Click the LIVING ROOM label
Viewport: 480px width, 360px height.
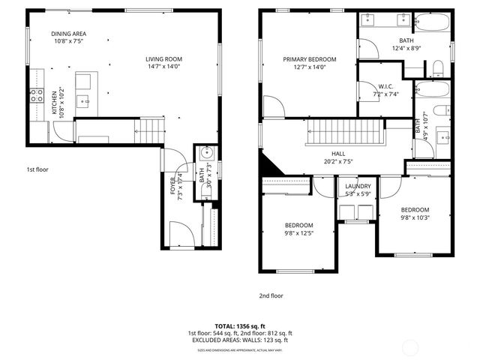tap(163, 59)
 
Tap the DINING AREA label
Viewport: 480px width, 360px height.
tap(68, 34)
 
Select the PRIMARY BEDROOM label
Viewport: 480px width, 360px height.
tap(309, 59)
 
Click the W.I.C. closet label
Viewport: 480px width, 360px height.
tap(388, 86)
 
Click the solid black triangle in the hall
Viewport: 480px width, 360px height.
tap(267, 165)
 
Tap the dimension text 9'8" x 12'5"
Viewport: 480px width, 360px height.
tap(298, 233)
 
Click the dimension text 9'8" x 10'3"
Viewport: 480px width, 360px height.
tap(414, 218)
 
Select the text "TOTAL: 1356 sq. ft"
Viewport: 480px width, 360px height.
tap(240, 326)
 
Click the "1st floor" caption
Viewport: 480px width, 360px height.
tap(37, 170)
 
